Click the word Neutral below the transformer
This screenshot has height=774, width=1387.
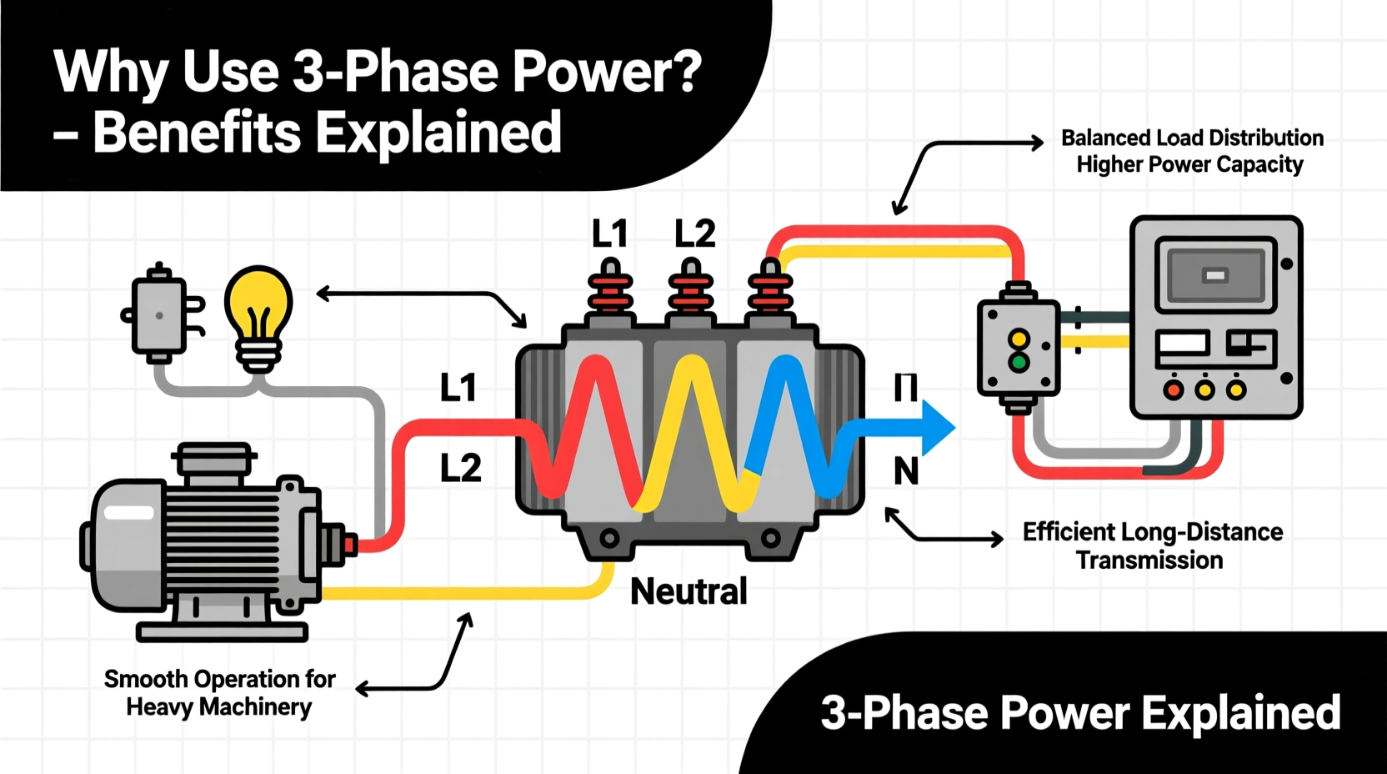688,591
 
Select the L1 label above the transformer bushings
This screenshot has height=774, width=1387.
609,234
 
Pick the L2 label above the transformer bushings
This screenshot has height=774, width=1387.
694,234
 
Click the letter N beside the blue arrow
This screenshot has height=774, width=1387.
906,472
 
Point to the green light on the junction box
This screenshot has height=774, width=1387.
1018,363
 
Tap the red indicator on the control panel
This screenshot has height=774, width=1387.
1174,390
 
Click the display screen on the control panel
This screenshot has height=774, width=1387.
1215,275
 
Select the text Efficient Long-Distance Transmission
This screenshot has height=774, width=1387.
1152,545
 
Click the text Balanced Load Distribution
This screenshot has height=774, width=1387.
1192,138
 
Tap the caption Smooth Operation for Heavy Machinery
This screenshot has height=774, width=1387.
219,692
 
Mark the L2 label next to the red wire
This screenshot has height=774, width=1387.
460,469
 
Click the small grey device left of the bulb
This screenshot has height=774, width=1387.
159,315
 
